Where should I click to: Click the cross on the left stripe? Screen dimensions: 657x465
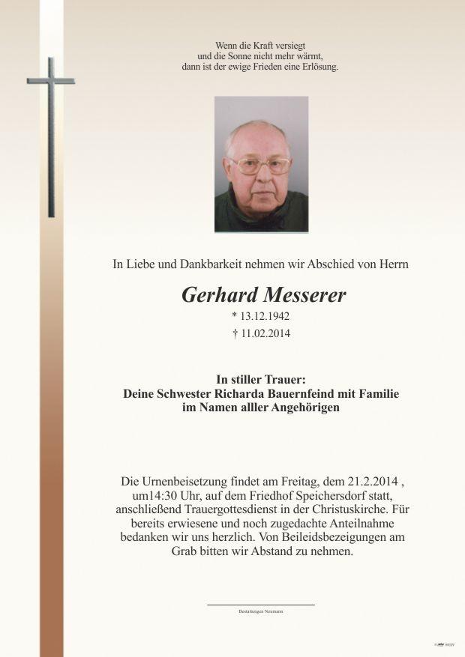51,135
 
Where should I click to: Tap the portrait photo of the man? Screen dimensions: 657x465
261,164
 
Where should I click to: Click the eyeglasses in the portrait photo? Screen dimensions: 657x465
259,166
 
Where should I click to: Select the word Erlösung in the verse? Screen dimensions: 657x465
319,67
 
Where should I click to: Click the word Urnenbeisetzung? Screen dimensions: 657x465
185,480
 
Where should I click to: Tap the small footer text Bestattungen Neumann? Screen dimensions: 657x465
261,611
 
